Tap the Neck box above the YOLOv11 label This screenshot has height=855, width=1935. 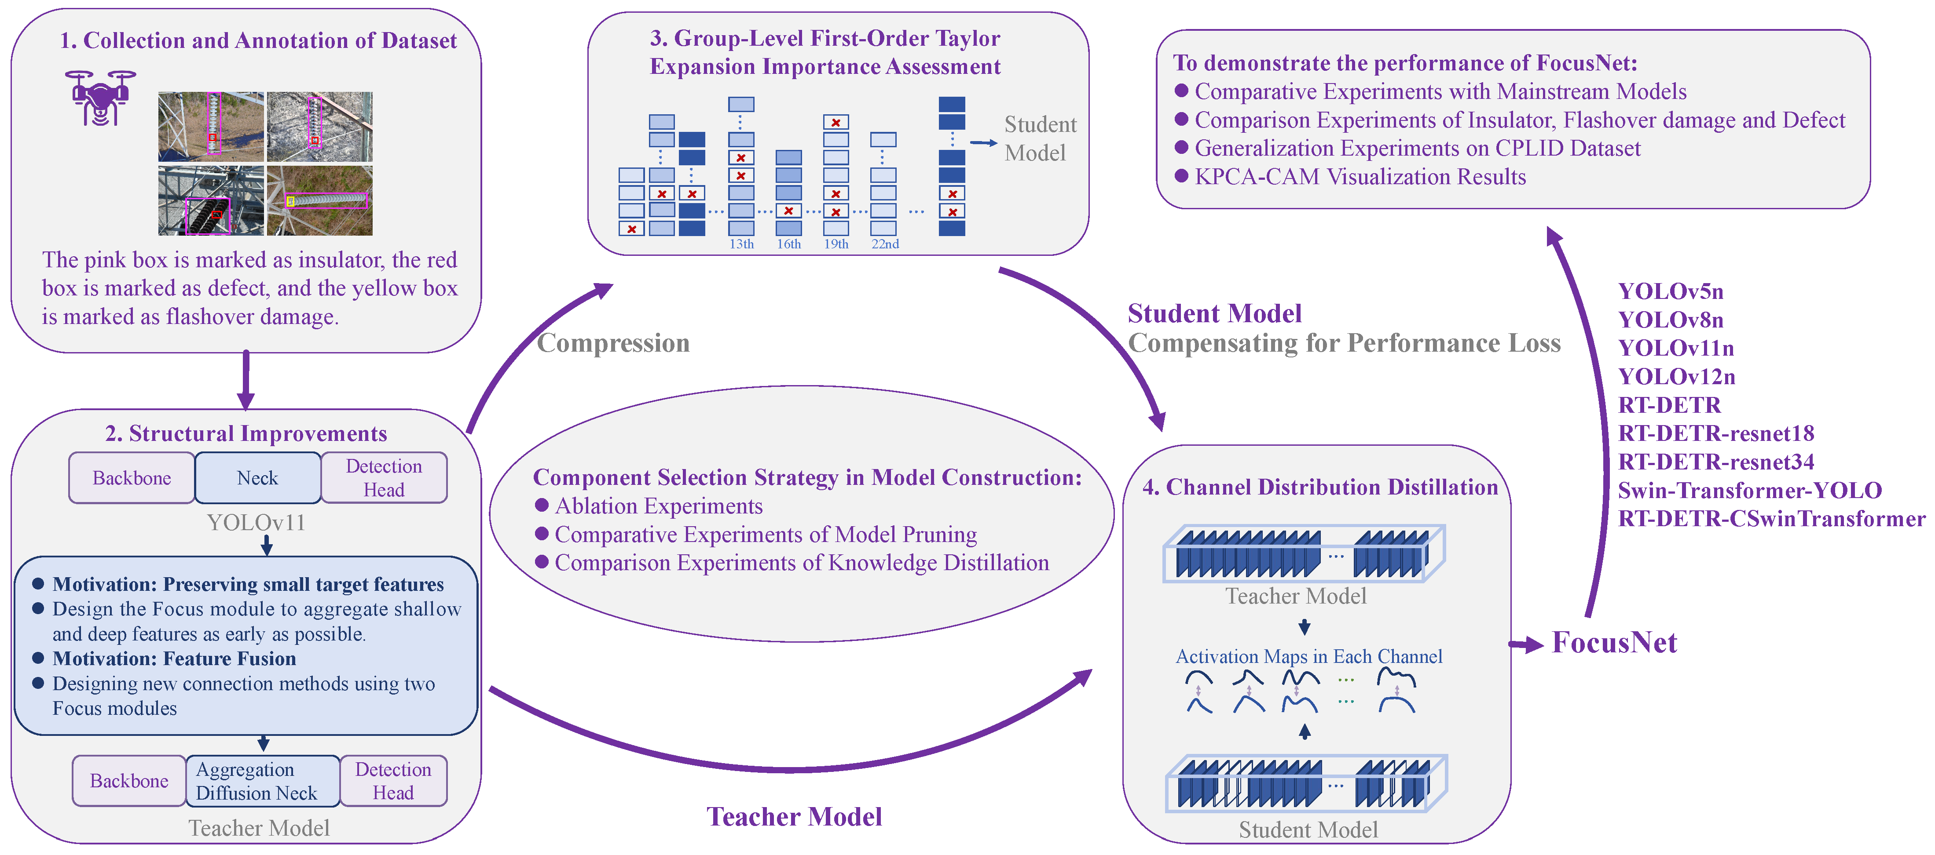click(x=258, y=477)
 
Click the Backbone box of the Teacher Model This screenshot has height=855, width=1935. click(x=129, y=781)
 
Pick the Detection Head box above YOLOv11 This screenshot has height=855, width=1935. click(x=384, y=477)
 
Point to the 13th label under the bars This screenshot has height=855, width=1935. click(x=741, y=244)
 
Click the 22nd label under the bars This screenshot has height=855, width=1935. click(x=885, y=244)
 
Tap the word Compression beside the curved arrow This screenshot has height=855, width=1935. click(x=613, y=343)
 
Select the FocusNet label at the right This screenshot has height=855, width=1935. click(x=1614, y=643)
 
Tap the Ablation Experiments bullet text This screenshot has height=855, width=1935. click(x=659, y=506)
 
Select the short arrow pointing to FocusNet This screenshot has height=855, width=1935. click(x=1526, y=644)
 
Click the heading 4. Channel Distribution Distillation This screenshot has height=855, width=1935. click(x=1320, y=487)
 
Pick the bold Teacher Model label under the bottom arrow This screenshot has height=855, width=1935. click(x=794, y=817)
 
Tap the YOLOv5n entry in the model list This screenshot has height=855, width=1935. click(x=1671, y=291)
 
